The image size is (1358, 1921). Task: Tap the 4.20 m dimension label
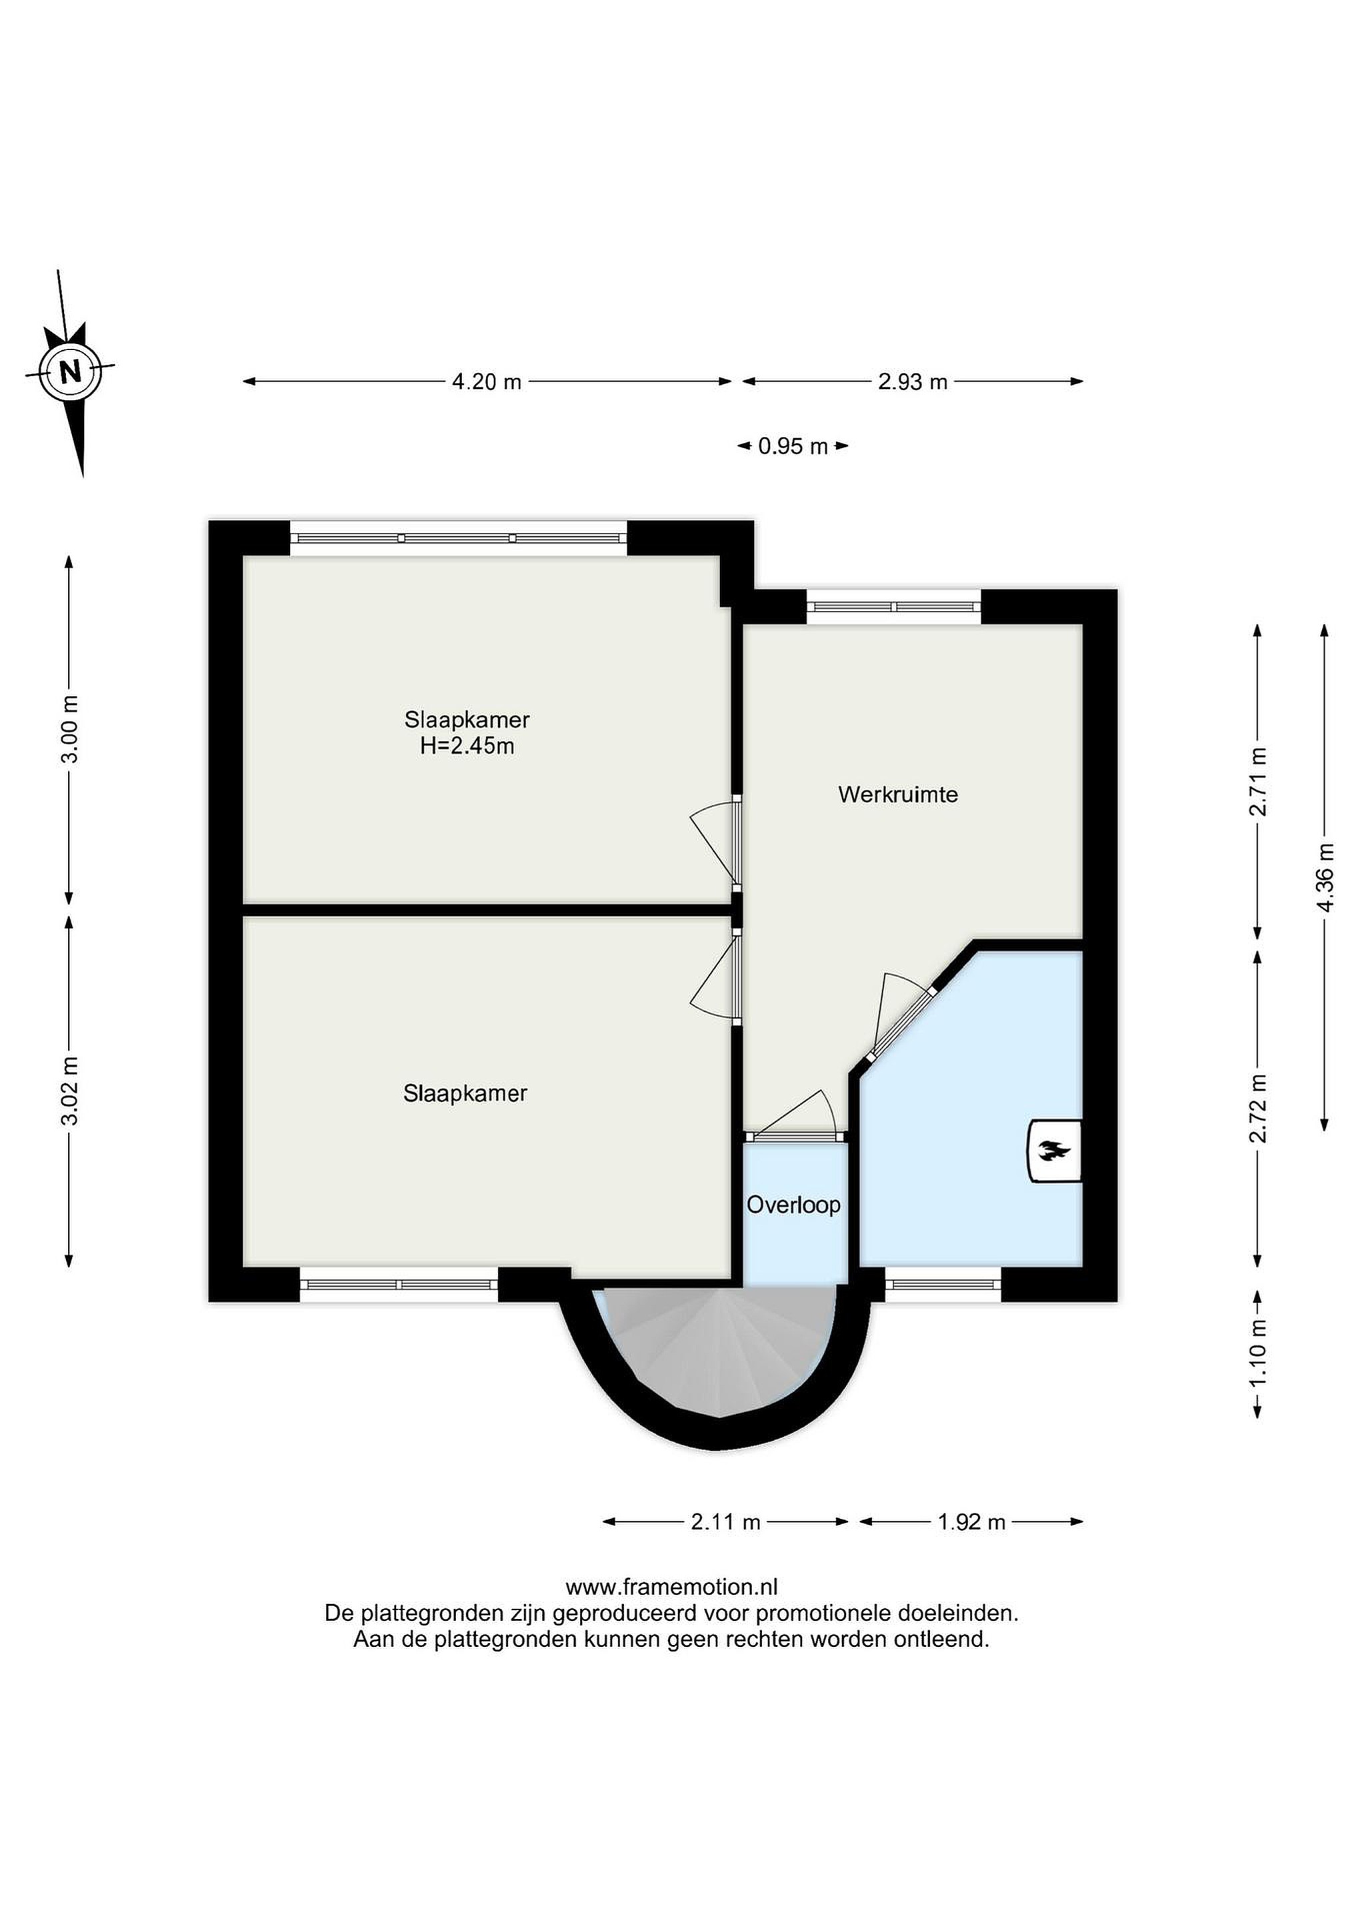487,382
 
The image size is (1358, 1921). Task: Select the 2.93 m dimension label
912,382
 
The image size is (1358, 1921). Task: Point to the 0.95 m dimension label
793,447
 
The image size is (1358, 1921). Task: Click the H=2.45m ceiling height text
467,746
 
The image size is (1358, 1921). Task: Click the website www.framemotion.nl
671,1587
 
